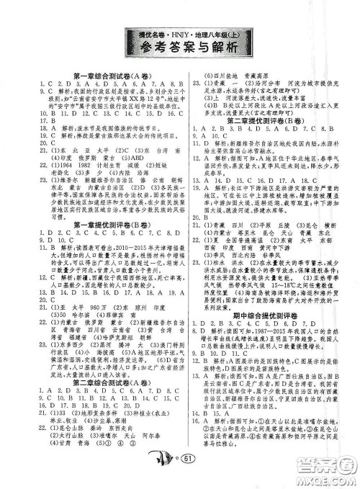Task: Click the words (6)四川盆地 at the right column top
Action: [220, 75]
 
